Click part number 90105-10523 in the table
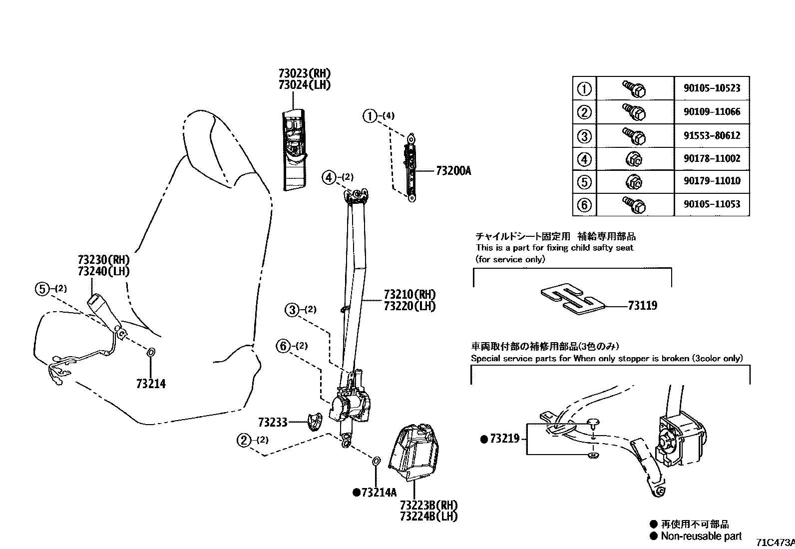point(712,88)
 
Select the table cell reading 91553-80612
point(712,135)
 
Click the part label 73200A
point(453,171)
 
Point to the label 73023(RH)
point(305,73)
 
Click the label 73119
point(642,306)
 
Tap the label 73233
point(273,423)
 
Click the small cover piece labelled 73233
point(314,423)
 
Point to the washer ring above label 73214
point(151,353)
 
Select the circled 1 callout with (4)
point(370,116)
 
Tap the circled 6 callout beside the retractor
point(284,346)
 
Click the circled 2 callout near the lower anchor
point(244,440)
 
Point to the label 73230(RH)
point(103,260)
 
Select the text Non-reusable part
point(701,536)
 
